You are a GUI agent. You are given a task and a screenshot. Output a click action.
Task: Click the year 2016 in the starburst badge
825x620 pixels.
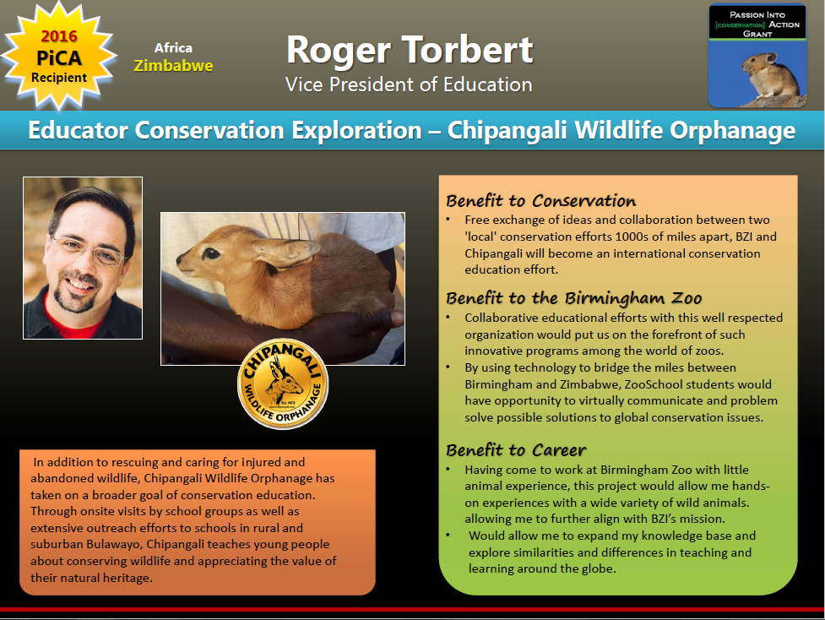coord(59,36)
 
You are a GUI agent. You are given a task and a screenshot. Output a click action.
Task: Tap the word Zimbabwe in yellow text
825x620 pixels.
coord(173,66)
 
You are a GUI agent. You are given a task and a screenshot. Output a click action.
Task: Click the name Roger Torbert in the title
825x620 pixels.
coord(410,50)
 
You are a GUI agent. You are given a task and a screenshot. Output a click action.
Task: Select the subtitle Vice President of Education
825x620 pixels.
coord(409,84)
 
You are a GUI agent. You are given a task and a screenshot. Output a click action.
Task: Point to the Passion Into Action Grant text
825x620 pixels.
coord(757,24)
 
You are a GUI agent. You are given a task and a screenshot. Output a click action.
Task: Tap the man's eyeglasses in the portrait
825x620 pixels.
coord(90,251)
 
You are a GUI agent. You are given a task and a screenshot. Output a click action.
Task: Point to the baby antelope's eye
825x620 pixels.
coord(211,253)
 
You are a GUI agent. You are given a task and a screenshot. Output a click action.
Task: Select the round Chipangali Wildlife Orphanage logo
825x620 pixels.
coord(283,383)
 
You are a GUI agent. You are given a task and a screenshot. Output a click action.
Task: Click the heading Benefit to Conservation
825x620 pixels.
coord(541,200)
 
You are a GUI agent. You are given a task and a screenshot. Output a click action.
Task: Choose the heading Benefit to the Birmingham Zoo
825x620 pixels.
coord(573,298)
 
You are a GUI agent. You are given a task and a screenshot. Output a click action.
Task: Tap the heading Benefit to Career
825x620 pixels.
coord(516,450)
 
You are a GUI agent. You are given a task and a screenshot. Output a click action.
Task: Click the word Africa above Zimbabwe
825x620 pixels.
coord(173,48)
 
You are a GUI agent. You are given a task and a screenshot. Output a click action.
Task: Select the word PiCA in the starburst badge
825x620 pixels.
coord(59,58)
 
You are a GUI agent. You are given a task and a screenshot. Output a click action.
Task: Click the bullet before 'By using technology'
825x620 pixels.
coord(448,367)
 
